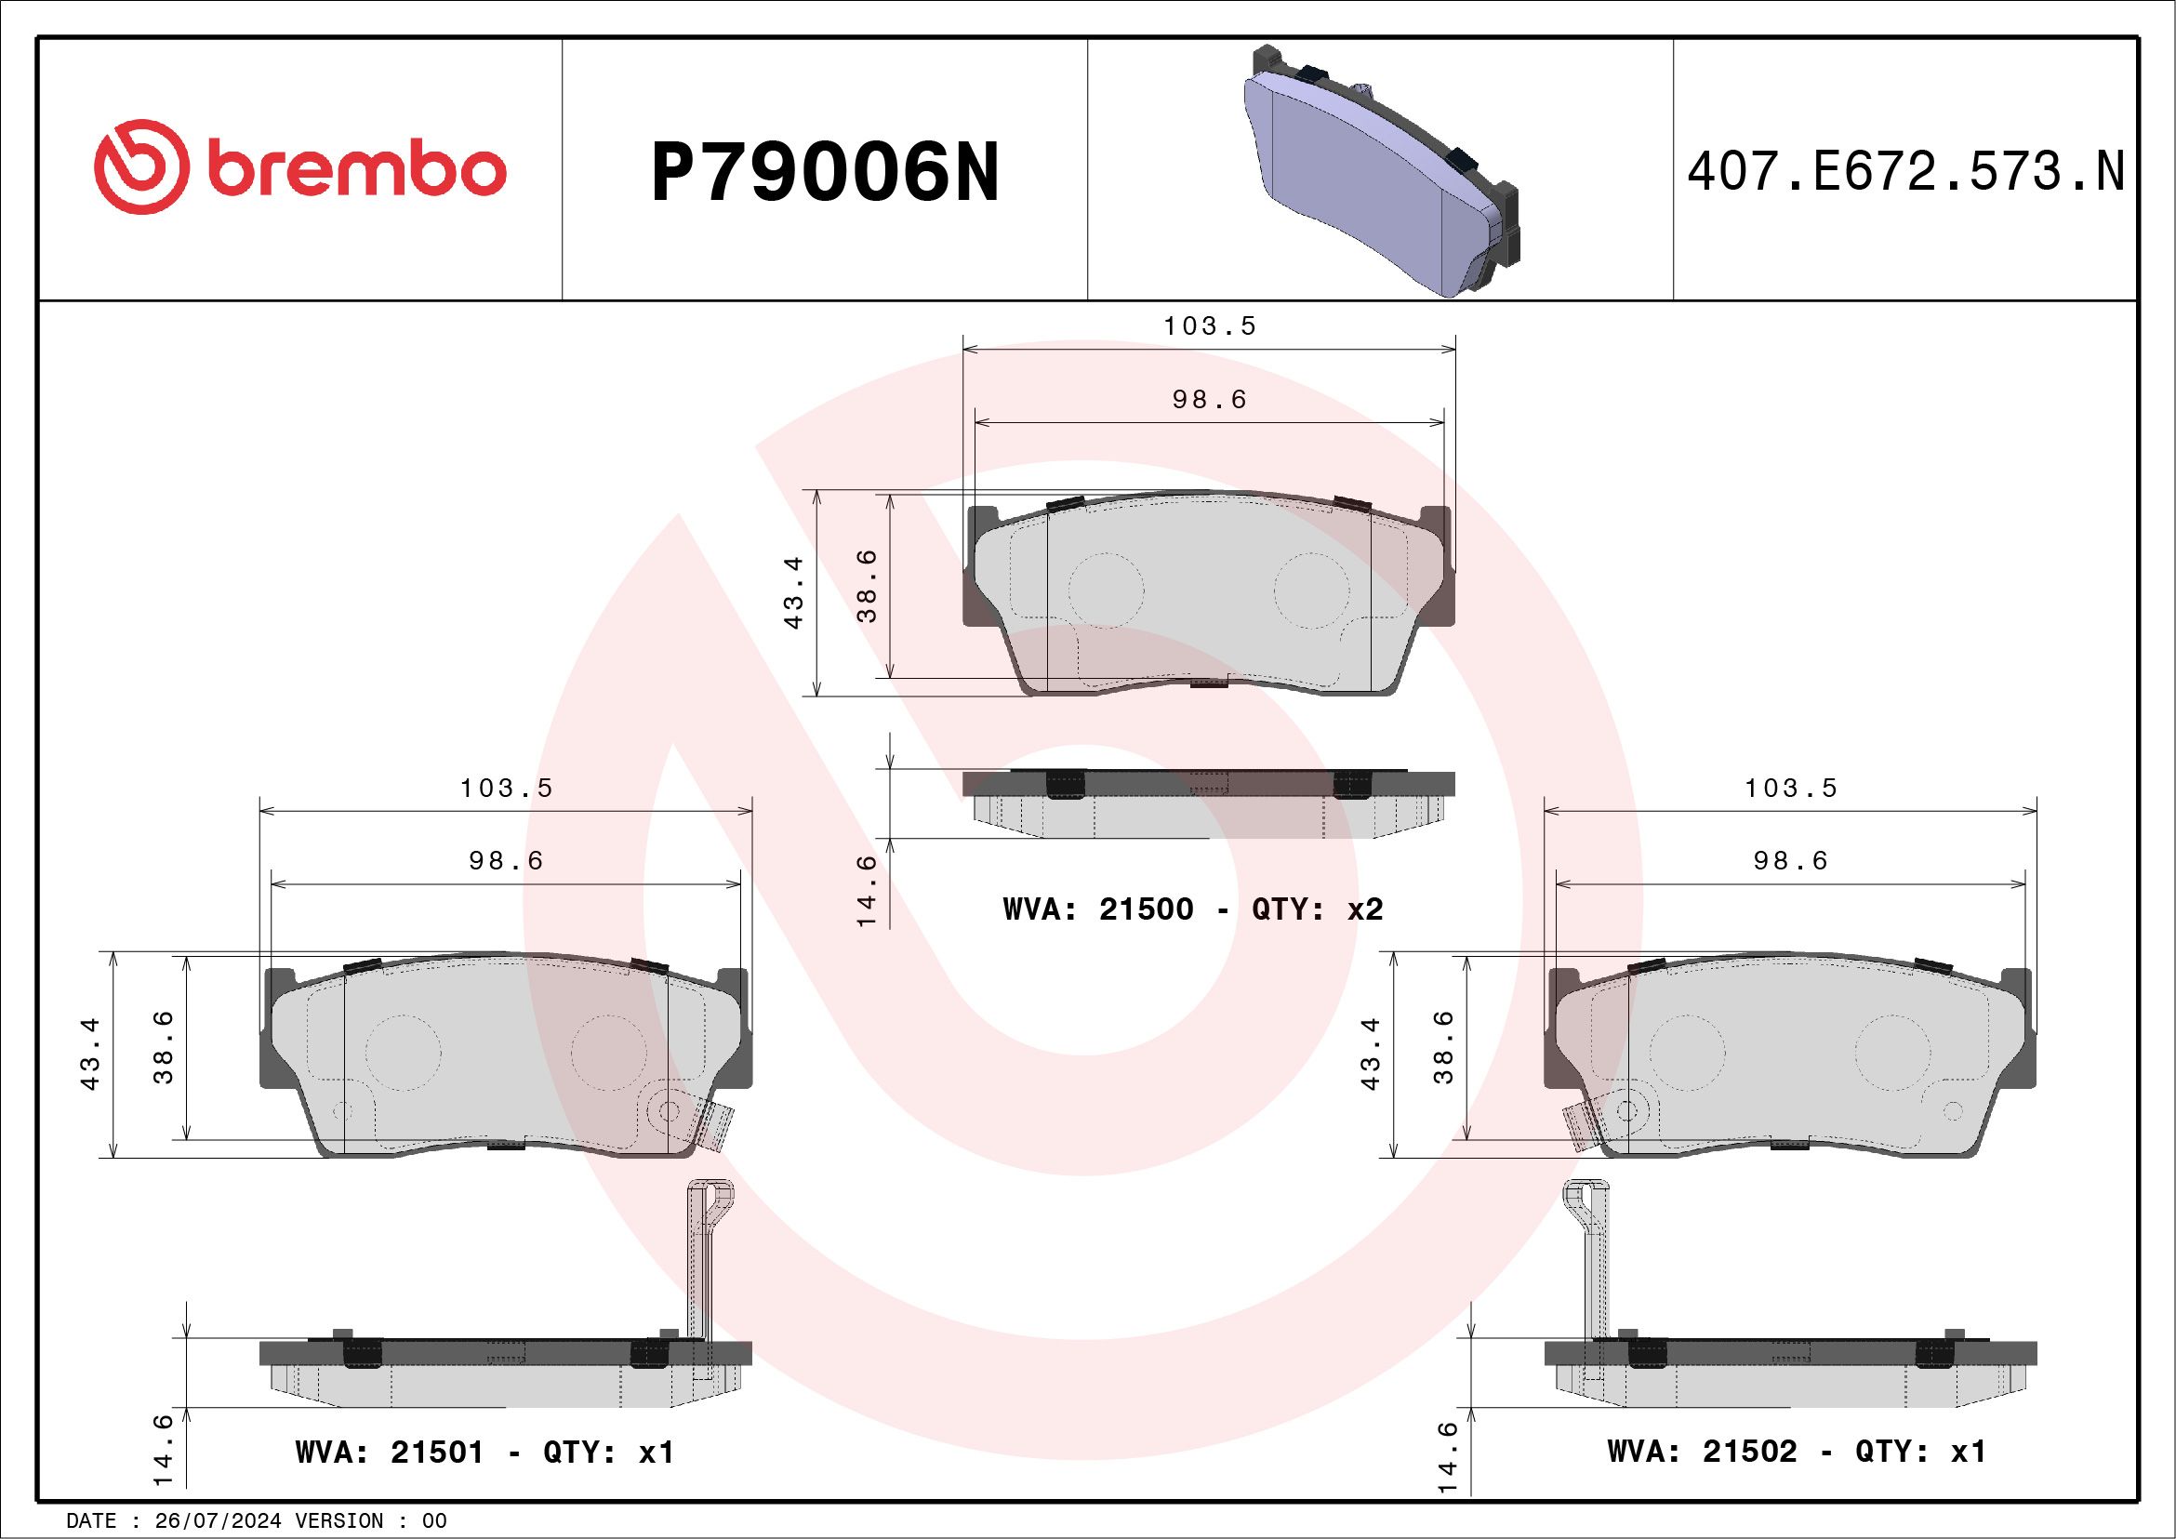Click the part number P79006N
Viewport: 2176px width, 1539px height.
coord(826,172)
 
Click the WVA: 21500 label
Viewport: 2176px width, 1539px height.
coord(1097,909)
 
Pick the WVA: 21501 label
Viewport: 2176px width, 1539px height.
coord(390,1453)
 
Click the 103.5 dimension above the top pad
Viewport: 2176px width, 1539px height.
coord(1209,326)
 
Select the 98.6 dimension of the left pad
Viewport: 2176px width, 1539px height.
coord(506,860)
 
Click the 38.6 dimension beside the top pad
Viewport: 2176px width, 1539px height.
coord(869,586)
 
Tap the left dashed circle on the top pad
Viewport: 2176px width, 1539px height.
coord(1106,589)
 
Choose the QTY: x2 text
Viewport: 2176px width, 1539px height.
coord(1318,909)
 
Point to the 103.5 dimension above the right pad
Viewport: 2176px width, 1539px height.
coord(1791,789)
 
